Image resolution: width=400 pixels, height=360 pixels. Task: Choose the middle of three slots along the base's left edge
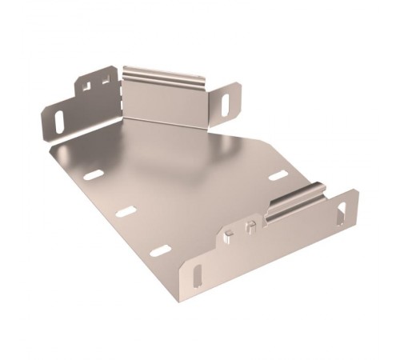click(125, 212)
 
